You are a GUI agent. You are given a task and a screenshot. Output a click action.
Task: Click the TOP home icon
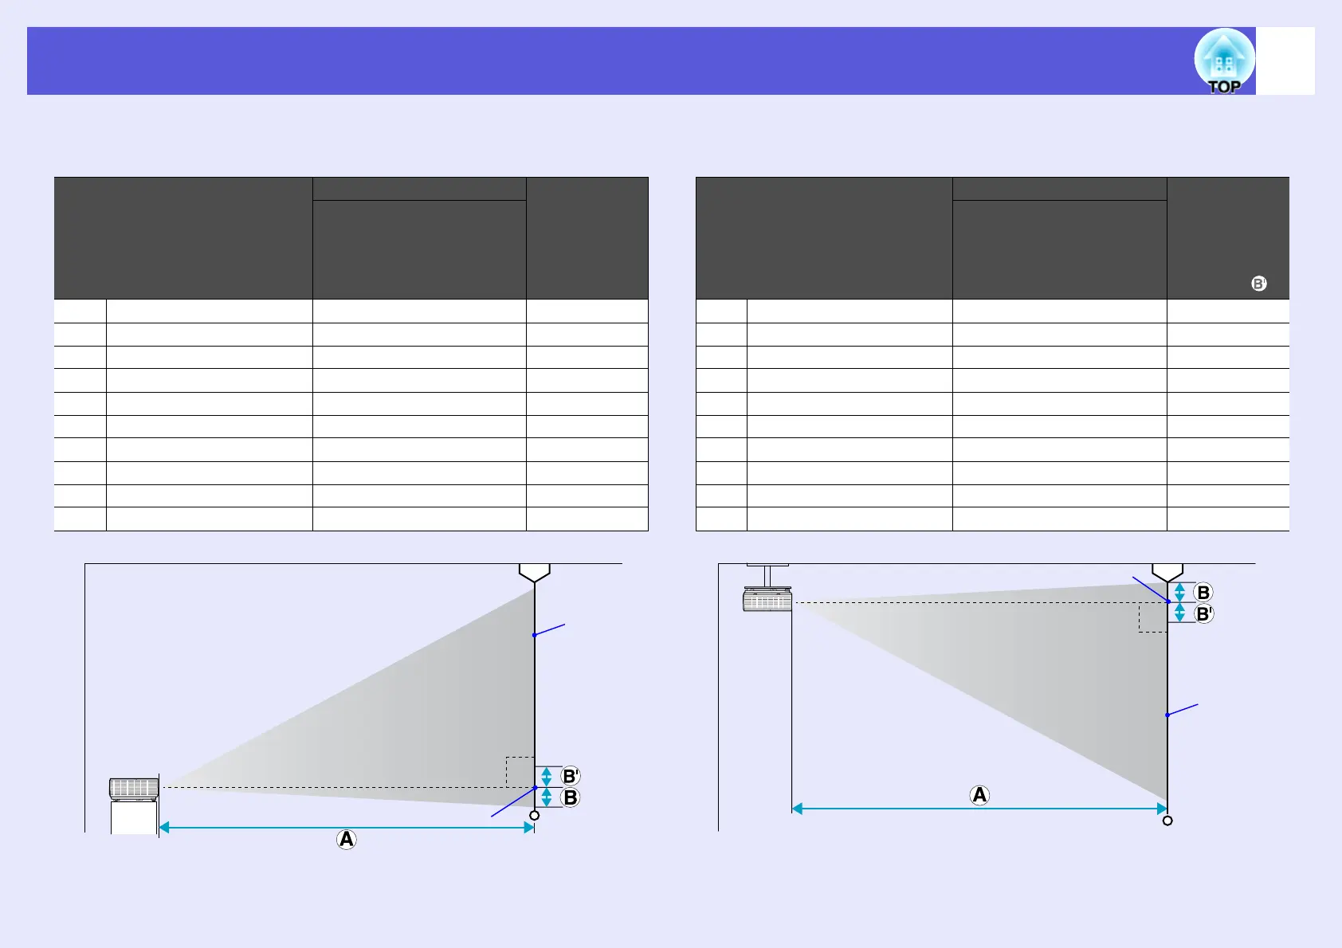tap(1224, 61)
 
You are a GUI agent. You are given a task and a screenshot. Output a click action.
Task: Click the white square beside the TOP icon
tap(1285, 61)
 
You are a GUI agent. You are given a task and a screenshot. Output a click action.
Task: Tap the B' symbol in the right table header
tap(1258, 284)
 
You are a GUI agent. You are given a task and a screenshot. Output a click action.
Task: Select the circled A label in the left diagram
tap(346, 839)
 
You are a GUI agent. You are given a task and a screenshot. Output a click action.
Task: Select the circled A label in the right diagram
tap(979, 795)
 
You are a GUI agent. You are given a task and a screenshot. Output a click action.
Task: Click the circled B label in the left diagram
tap(571, 797)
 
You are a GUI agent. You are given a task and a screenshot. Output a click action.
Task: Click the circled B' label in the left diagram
tap(571, 776)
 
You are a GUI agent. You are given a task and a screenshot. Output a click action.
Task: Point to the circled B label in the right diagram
tap(1203, 593)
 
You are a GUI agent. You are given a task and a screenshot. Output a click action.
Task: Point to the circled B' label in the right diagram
tap(1204, 614)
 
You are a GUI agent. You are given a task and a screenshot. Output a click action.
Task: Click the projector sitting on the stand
tap(134, 789)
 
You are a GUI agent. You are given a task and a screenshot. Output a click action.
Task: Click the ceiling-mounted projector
tap(767, 600)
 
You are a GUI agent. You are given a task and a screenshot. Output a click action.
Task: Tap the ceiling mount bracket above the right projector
tap(767, 575)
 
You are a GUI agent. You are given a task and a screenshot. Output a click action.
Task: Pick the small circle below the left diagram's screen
tap(534, 815)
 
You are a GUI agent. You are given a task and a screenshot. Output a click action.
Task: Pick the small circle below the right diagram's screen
tap(1167, 821)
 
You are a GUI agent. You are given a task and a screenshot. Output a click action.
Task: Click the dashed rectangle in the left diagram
tap(520, 771)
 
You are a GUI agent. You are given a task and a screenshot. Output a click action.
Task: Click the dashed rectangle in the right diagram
tap(1152, 617)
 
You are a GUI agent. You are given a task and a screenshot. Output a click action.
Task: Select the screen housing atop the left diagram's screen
tap(535, 573)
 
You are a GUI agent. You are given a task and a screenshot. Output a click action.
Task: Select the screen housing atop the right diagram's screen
tap(1167, 573)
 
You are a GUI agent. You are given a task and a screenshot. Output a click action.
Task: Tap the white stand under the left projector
tap(134, 817)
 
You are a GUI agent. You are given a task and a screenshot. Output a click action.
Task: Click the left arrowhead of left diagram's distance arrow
tap(164, 828)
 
